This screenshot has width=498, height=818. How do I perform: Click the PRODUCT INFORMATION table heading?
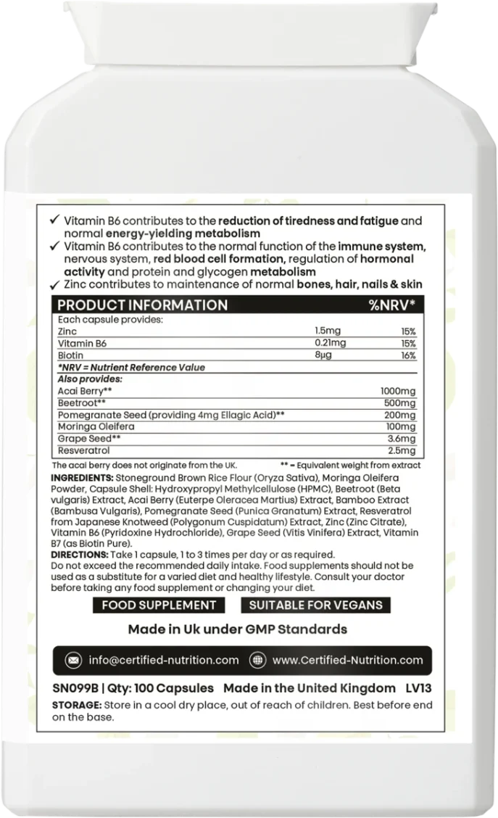(142, 305)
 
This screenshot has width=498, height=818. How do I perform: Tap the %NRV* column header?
(392, 305)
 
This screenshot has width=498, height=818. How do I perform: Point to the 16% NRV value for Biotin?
(408, 355)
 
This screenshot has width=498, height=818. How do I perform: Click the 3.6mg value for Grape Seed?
(403, 439)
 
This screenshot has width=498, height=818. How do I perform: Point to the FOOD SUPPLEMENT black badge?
(159, 605)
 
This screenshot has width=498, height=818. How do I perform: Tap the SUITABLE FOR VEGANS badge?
(315, 605)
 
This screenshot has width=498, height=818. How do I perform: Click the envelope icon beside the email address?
(73, 661)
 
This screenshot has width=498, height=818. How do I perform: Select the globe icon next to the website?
(257, 661)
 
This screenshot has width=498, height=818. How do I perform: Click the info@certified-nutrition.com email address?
(163, 661)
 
